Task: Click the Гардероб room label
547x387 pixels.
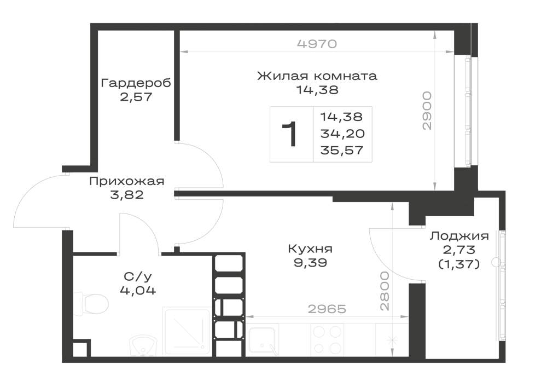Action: click(x=136, y=83)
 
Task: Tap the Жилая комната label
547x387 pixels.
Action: click(x=317, y=76)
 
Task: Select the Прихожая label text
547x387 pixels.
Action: click(x=127, y=182)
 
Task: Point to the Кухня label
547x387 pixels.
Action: click(x=310, y=249)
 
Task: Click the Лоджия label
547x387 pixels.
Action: click(x=459, y=236)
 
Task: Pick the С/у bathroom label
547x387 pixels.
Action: click(x=138, y=277)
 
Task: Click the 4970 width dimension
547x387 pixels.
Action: click(x=317, y=44)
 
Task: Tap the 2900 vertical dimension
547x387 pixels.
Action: click(x=427, y=111)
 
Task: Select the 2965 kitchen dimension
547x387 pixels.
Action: click(x=327, y=309)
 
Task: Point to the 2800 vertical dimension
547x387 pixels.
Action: click(x=384, y=291)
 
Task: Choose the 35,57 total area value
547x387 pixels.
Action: click(x=342, y=151)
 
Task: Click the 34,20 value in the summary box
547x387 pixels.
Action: click(x=342, y=134)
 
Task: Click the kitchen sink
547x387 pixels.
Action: click(x=263, y=339)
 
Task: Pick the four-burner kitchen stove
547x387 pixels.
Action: click(x=327, y=339)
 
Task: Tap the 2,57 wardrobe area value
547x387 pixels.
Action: click(x=136, y=97)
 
